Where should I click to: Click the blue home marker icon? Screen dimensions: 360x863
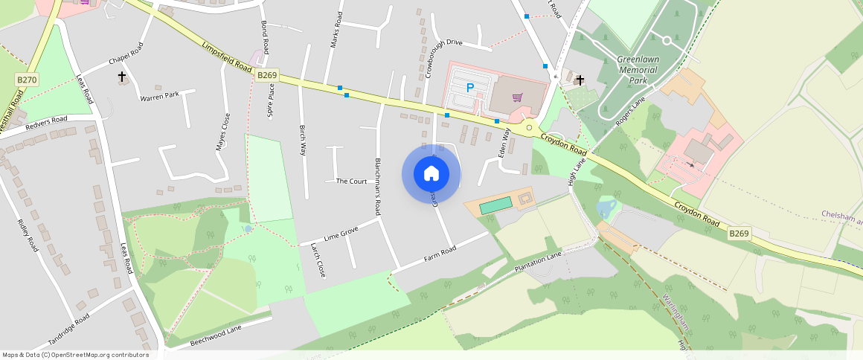pos(431,174)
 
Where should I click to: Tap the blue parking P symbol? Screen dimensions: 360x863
pos(469,88)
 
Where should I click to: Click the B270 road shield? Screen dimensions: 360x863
pos(26,79)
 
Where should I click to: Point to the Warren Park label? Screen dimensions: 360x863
pos(160,95)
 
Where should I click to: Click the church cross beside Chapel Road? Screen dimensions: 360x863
pos(122,76)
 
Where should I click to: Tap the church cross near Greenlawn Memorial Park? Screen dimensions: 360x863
pos(580,80)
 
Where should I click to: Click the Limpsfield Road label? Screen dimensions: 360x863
pos(228,56)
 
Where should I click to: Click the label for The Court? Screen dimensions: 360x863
pos(352,181)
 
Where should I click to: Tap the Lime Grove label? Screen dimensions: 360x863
pos(341,234)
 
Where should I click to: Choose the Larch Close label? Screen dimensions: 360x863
pos(318,258)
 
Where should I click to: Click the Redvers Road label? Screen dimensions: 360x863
pos(46,123)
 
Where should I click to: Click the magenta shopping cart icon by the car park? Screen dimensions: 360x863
pos(517,97)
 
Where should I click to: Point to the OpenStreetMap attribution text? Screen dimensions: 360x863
pos(75,355)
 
